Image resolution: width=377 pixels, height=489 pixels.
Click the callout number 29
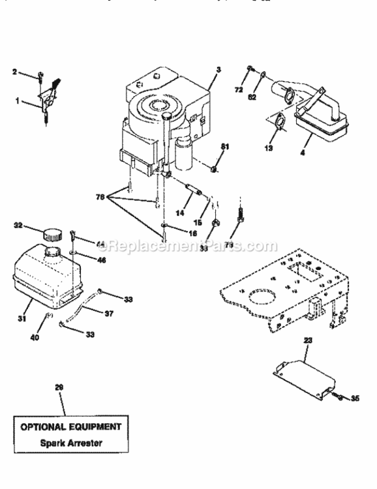[59, 388]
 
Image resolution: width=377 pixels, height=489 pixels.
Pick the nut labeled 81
[213, 170]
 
